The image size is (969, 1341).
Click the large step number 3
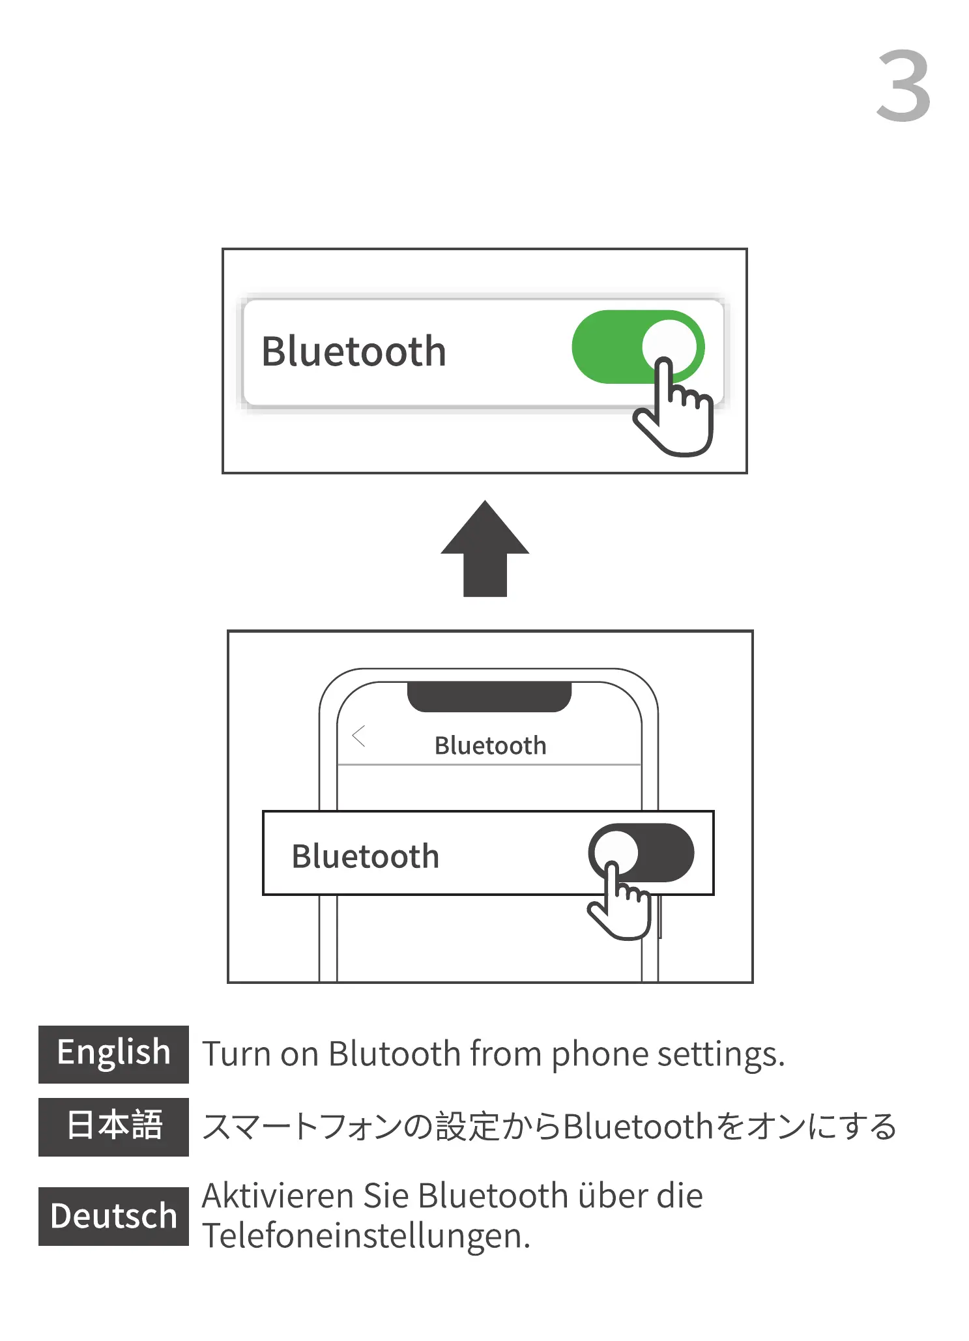(903, 86)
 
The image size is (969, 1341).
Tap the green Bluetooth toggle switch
(626, 346)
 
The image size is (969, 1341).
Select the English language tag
(113, 1054)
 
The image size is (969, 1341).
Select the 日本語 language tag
(113, 1127)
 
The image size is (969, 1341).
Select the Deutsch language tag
(113, 1216)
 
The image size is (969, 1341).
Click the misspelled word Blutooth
(394, 1054)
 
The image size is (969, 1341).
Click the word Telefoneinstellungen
(365, 1235)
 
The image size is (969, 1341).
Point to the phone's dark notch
(489, 697)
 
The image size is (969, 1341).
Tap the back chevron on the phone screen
(358, 736)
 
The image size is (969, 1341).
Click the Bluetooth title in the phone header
(490, 745)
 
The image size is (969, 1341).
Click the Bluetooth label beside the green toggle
(353, 352)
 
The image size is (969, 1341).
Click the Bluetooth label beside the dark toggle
(365, 856)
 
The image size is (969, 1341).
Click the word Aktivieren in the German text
(278, 1196)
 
